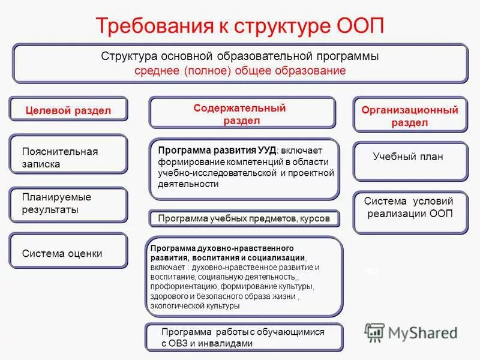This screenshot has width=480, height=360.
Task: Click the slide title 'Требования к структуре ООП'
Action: click(x=239, y=26)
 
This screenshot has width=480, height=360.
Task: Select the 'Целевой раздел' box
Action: click(x=68, y=110)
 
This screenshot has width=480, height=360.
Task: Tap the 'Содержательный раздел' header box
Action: click(x=242, y=113)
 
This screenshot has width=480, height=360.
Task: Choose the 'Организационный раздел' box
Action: click(x=410, y=116)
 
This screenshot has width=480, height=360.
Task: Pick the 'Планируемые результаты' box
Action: click(x=68, y=203)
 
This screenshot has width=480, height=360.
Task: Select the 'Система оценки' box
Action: click(x=68, y=253)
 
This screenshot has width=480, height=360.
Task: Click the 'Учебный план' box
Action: click(x=409, y=157)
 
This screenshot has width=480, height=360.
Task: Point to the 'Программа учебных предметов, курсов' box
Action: click(x=244, y=218)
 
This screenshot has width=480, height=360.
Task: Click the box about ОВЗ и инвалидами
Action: click(x=244, y=337)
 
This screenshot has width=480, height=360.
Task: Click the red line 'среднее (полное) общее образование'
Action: click(x=240, y=71)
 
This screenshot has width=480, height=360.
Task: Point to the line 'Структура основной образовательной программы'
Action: click(x=240, y=56)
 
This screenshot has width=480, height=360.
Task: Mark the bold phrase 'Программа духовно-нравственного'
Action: click(x=221, y=247)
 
